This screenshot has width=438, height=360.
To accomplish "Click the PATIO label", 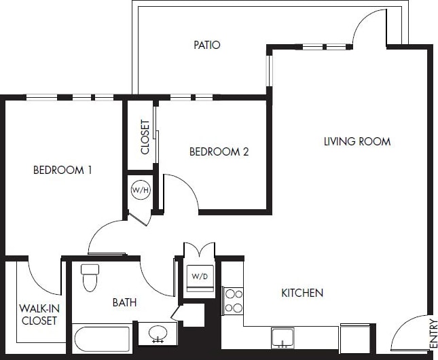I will coord(207,46).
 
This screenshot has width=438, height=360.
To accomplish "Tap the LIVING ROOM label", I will coord(357,142).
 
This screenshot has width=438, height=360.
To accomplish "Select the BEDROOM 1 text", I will coord(62,170).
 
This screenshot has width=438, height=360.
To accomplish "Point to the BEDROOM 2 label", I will coord(219,152).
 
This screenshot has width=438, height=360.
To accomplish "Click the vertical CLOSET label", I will coord(145,137).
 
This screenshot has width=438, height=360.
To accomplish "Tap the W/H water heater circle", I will coord(141,190).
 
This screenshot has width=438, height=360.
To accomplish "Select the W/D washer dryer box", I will coord(200,276).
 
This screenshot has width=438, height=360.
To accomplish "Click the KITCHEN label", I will coord(302,293).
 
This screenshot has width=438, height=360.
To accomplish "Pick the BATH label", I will coord(124,303).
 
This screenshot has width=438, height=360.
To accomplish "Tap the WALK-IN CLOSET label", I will coord(38,314).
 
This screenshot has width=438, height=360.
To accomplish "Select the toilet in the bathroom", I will coord(90,277).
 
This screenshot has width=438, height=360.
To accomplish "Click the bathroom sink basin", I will coord(158,334).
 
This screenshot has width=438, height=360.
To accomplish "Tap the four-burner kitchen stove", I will coord(234,301).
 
